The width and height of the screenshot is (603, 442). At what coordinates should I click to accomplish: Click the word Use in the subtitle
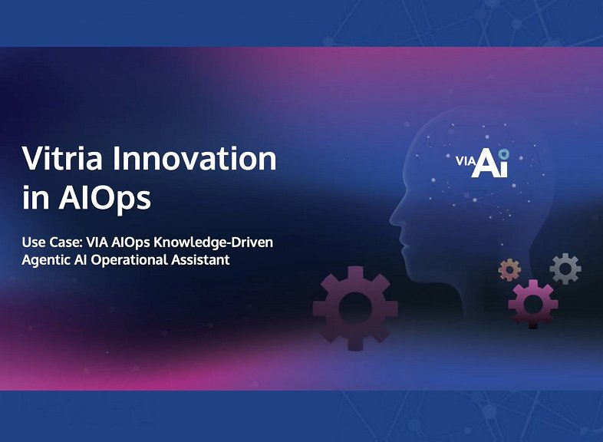tap(32, 243)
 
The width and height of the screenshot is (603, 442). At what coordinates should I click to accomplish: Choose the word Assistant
tap(203, 260)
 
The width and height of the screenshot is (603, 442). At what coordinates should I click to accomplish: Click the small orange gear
tap(509, 269)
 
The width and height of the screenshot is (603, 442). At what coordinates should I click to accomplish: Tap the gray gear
tap(565, 269)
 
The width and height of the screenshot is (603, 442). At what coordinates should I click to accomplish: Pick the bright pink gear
tap(533, 302)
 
